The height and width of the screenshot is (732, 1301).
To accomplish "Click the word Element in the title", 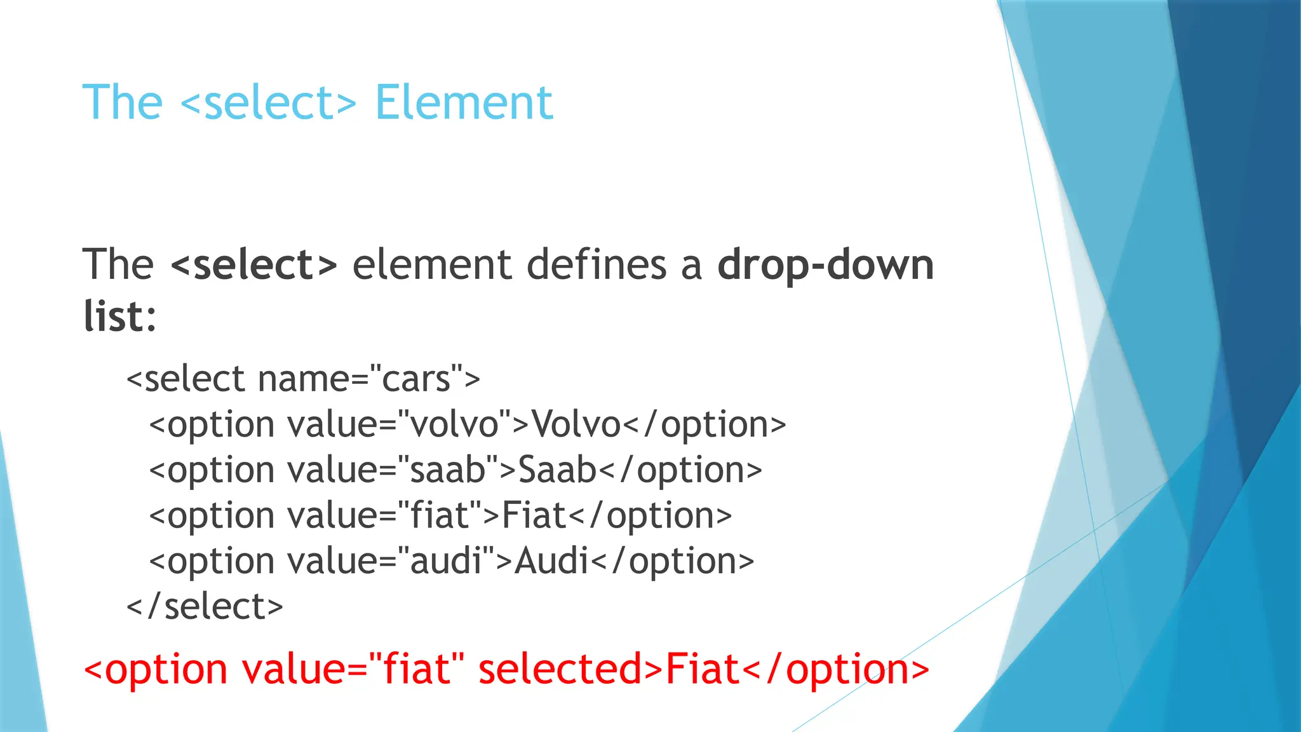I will click(464, 103).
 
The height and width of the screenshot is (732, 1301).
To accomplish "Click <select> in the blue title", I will click(268, 103).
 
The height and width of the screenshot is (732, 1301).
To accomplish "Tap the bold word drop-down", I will click(825, 264).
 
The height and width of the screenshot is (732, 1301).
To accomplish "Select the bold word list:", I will click(119, 316).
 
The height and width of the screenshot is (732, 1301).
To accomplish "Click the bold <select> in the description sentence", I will click(254, 264).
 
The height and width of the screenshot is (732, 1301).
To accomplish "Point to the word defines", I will click(597, 264).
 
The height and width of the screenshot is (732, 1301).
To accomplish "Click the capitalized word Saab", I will click(557, 470).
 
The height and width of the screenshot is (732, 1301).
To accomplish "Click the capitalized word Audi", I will click(551, 561).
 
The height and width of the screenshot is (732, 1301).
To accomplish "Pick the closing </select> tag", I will click(205, 606).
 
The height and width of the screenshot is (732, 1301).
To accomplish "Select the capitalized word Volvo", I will click(576, 424).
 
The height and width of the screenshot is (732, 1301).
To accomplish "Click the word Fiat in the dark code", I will click(534, 515).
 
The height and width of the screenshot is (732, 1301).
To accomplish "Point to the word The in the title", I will click(123, 103).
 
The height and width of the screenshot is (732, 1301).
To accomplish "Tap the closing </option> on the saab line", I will click(680, 470).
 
